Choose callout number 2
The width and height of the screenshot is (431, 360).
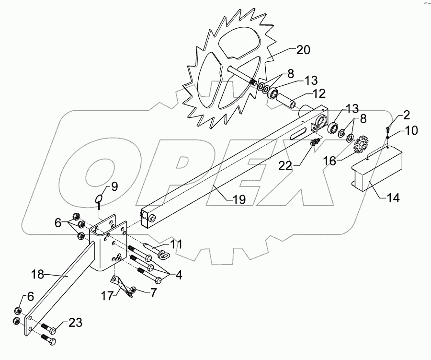point(406,115)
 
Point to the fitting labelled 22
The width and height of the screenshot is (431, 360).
point(316,142)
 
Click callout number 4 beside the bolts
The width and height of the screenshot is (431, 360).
point(178,276)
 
